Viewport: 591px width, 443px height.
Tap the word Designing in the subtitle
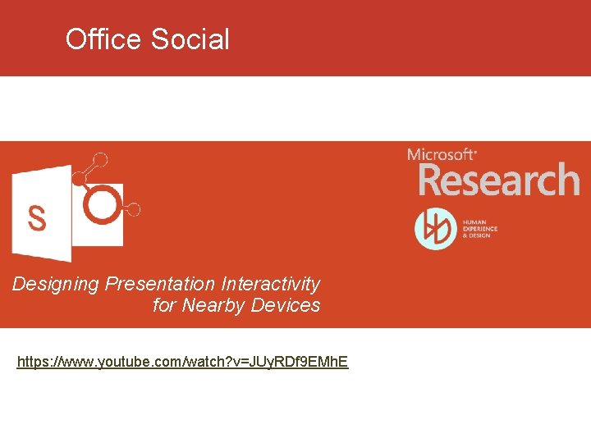click(x=55, y=285)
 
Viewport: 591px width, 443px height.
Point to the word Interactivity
click(x=270, y=284)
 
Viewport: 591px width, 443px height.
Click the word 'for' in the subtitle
click(x=164, y=305)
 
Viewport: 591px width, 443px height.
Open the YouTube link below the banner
click(x=182, y=361)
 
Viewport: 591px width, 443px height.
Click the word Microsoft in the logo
click(x=442, y=154)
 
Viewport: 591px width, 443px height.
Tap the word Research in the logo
click(x=499, y=180)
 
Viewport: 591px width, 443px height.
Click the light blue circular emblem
click(x=435, y=229)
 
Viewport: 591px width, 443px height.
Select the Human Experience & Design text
click(x=480, y=229)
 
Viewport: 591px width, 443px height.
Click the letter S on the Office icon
click(x=37, y=217)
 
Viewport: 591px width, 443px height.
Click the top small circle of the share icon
click(x=100, y=159)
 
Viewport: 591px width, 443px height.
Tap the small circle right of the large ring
click(x=134, y=209)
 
